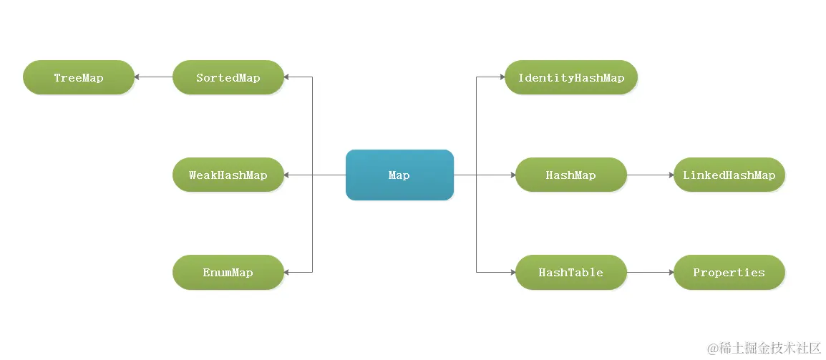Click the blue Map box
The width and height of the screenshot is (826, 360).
(x=399, y=175)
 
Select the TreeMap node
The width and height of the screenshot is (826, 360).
(x=79, y=77)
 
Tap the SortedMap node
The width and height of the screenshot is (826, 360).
(x=228, y=77)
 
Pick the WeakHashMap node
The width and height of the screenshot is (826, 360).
(x=228, y=175)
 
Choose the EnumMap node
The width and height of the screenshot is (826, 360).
(x=228, y=273)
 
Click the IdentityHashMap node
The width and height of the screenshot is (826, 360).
(x=571, y=77)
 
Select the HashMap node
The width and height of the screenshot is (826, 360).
(x=571, y=175)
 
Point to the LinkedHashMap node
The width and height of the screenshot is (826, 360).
(x=729, y=175)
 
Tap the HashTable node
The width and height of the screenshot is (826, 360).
(x=571, y=273)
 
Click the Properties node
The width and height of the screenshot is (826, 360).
(x=729, y=273)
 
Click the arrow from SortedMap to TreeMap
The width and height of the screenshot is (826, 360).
(x=153, y=77)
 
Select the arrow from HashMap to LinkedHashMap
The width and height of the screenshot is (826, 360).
(x=650, y=175)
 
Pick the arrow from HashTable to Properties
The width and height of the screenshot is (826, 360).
(x=650, y=273)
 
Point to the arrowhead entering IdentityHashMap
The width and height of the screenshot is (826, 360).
(x=502, y=77)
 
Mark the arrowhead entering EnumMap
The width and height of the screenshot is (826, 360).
(x=287, y=273)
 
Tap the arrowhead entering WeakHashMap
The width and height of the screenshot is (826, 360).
(x=287, y=175)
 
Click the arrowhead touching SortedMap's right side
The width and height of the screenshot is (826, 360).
(x=287, y=77)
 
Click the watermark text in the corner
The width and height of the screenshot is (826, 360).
(x=764, y=348)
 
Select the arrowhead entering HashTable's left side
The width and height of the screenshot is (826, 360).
(x=512, y=273)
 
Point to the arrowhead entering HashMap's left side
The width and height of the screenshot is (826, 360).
(x=512, y=175)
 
